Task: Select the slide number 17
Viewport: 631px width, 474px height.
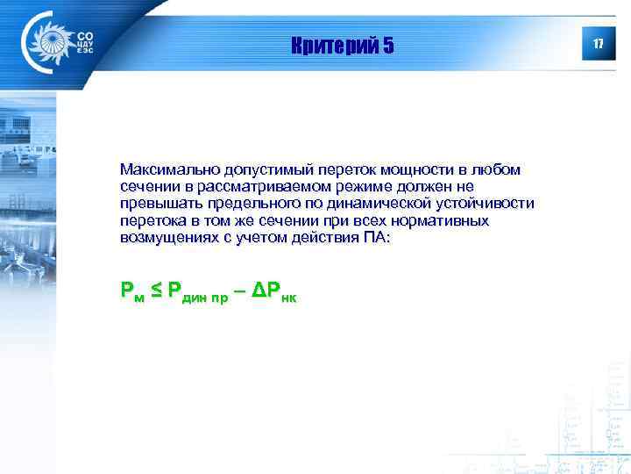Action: point(599,44)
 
